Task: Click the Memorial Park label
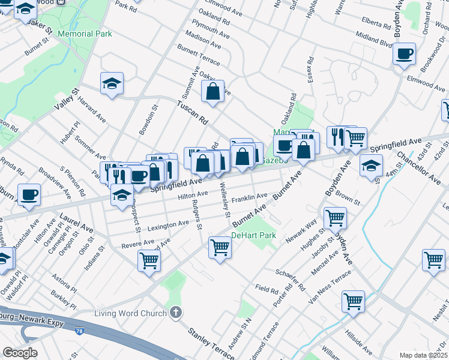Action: pos(85,34)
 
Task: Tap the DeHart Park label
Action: pos(254,235)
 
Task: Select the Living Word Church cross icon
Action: pos(175,312)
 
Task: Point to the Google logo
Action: pos(20,353)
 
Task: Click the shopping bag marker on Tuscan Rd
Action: pos(213,92)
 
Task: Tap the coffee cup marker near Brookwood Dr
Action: pos(404,53)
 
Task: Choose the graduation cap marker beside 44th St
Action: pos(371,164)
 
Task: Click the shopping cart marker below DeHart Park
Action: pos(220,247)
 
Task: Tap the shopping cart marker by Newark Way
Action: pos(334,217)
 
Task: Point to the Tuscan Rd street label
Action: pos(191,112)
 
